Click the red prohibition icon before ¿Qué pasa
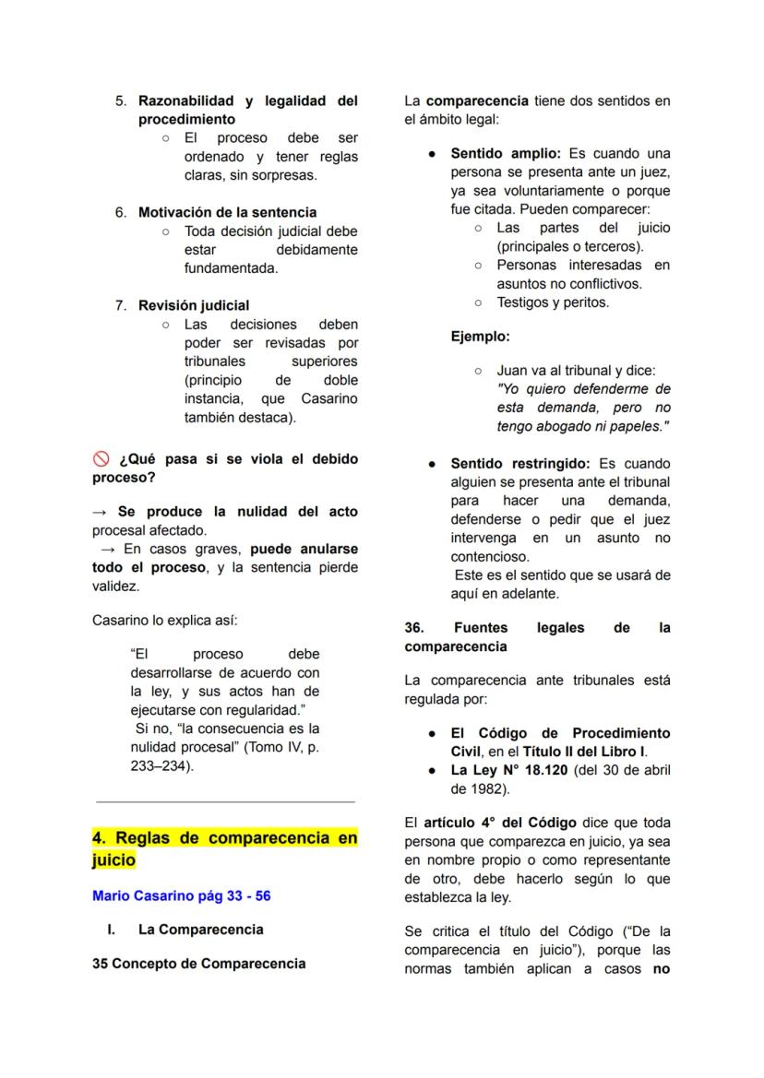point(101,459)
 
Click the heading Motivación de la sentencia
point(227,212)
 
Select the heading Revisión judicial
point(194,305)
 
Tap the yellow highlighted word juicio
point(113,860)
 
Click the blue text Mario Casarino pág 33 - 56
point(182,896)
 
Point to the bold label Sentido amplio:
point(506,153)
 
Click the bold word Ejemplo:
point(480,337)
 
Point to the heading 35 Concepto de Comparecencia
point(198,964)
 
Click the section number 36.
point(414,628)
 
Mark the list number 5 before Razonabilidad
point(121,101)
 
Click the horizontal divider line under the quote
point(224,802)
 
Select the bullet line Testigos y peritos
point(553,302)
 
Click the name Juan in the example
point(512,371)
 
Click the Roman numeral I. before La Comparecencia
point(113,930)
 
